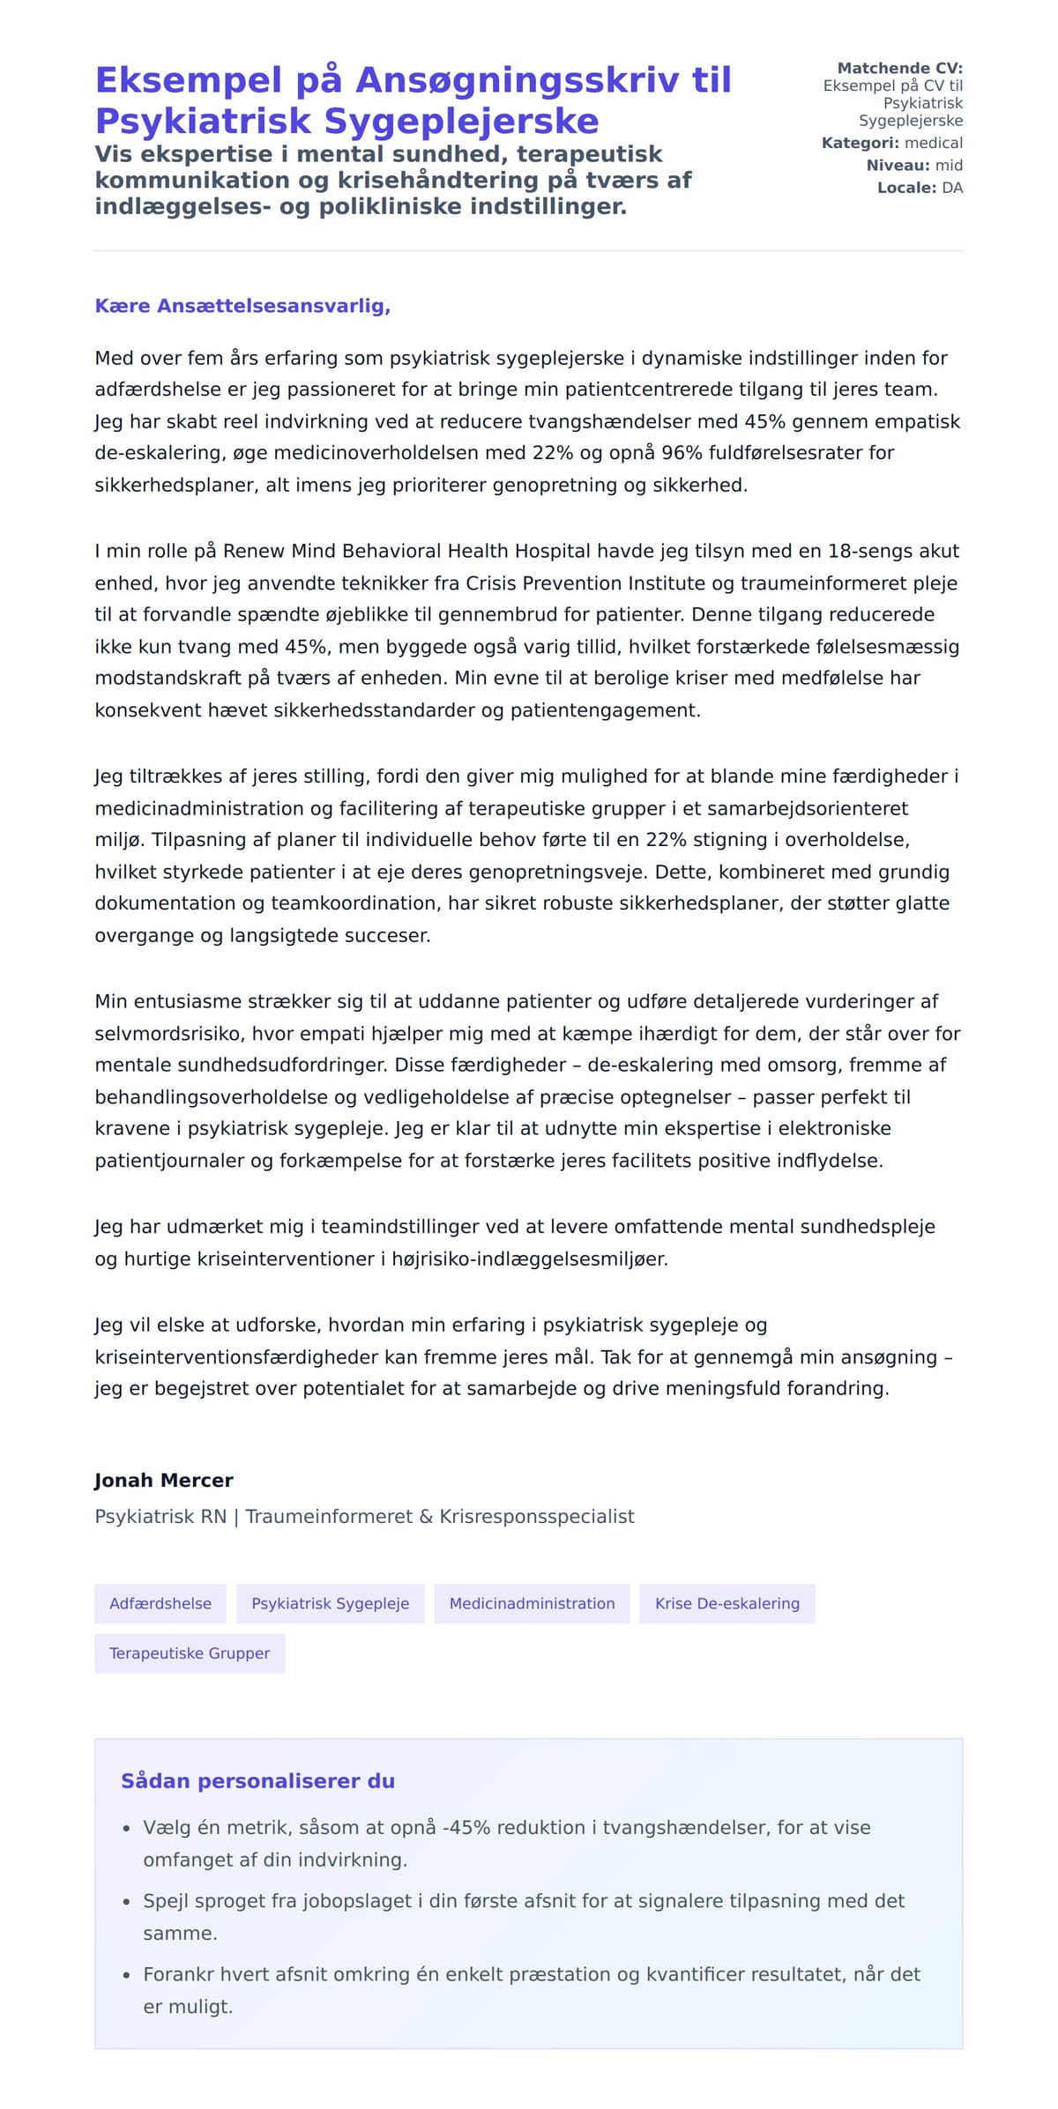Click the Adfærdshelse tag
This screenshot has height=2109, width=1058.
coord(160,1603)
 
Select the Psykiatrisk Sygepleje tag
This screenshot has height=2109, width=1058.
coord(331,1603)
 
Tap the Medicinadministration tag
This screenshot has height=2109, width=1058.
coord(532,1603)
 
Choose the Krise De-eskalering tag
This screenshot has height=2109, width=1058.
coord(727,1603)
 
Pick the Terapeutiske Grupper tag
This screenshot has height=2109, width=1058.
coord(190,1652)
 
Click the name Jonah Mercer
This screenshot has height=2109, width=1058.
coord(164,1480)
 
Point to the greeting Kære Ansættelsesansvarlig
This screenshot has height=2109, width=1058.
coord(242,306)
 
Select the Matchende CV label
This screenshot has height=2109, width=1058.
coord(899,68)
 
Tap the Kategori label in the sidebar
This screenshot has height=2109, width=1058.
coord(861,143)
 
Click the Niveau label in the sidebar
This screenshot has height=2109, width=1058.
coord(898,165)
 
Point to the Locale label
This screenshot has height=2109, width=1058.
coord(906,188)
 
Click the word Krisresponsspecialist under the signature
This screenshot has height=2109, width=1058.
coord(537,1516)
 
